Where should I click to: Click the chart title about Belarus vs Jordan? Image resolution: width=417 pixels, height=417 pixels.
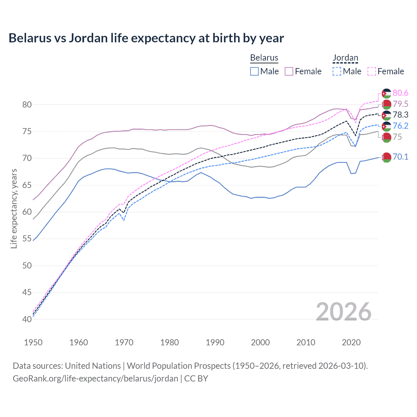[146, 38]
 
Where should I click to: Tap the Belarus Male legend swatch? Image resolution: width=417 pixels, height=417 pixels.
[254, 71]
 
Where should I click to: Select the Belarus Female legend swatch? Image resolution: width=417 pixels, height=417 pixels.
[289, 71]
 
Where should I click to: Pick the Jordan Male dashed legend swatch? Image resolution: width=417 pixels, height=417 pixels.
[337, 71]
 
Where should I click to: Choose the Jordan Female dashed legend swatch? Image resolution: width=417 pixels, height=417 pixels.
[371, 71]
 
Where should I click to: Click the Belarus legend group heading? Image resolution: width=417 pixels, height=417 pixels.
[264, 58]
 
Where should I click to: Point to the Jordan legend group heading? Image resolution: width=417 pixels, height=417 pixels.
[345, 58]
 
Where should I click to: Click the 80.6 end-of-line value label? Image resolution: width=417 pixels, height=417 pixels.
[400, 93]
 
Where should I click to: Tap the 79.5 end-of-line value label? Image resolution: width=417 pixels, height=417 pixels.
[400, 104]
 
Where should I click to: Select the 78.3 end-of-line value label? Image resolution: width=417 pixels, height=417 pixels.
[400, 115]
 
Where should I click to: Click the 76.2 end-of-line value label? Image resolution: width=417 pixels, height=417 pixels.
[400, 126]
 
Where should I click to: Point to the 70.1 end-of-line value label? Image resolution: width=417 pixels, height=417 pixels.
[400, 157]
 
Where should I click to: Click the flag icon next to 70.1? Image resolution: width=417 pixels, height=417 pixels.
[386, 157]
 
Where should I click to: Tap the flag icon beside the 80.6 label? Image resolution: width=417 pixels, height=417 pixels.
[386, 93]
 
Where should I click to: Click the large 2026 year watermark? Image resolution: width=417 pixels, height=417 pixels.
[343, 312]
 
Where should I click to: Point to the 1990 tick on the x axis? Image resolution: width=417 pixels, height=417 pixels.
[215, 342]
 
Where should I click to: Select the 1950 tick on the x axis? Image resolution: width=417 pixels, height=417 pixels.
[33, 342]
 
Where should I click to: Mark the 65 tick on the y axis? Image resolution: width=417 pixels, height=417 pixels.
[27, 185]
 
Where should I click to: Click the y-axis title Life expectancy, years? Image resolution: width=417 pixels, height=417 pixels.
[14, 208]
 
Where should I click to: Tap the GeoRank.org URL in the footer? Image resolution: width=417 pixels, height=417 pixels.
[95, 379]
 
